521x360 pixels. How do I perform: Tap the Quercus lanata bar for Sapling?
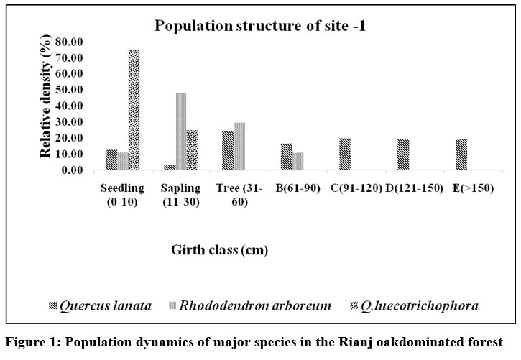(170, 167)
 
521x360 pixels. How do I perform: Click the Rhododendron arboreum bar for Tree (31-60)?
(240, 147)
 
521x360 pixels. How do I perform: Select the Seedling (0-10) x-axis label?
(124, 193)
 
